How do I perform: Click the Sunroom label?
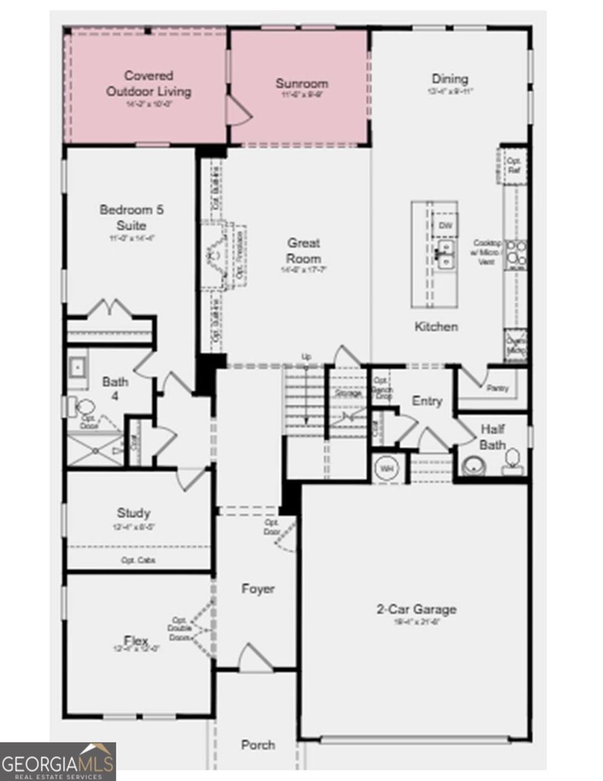tap(301, 83)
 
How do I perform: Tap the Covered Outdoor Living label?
tap(149, 83)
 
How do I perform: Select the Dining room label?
tap(449, 79)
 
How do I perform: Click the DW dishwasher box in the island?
tap(445, 225)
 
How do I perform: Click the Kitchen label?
tap(436, 326)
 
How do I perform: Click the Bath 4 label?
tap(115, 388)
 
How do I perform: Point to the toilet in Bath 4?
tap(85, 408)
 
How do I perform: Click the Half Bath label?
tap(492, 437)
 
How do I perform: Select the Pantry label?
tap(498, 389)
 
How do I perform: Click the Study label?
tap(133, 513)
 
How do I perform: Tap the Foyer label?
tap(258, 589)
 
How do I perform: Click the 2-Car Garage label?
tap(416, 610)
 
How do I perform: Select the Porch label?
tap(258, 745)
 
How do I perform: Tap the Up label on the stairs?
tap(306, 357)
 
